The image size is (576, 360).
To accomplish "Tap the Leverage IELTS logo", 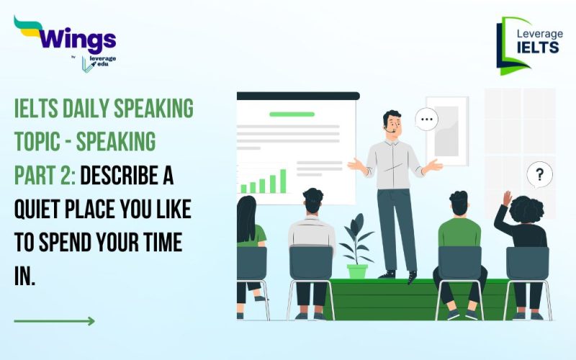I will tap(529, 45).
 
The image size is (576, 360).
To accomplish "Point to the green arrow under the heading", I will tap(54, 320).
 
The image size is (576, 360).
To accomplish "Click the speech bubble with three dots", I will tap(427, 119).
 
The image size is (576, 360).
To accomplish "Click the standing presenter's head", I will tap(392, 124).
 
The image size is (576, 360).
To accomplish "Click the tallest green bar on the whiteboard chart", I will tap(283, 181).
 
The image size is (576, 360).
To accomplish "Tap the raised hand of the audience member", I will tap(507, 197).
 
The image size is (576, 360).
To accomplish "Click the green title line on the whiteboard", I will tap(292, 114).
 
